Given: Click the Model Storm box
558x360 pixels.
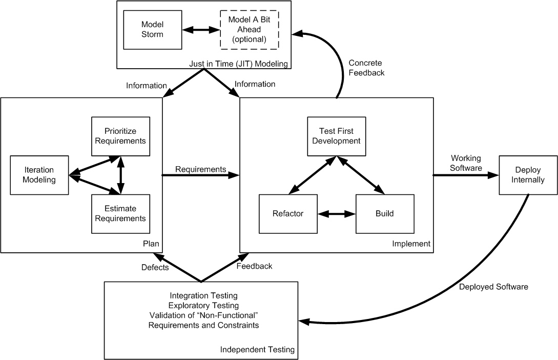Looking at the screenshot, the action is tap(152, 30).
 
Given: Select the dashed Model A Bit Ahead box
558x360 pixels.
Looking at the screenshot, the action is tap(250, 30).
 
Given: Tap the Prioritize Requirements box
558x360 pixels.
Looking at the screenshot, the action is tap(120, 136).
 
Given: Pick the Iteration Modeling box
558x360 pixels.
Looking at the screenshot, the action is tap(39, 175).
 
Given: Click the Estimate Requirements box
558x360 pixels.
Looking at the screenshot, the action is tap(120, 214).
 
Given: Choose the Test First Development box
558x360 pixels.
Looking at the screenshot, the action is tap(337, 136).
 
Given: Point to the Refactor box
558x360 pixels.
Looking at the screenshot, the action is tap(288, 214).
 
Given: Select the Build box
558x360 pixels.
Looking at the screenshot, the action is tap(385, 214).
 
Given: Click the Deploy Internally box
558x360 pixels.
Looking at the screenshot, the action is tap(528, 175).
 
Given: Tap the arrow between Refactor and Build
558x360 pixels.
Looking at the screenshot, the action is tap(337, 214).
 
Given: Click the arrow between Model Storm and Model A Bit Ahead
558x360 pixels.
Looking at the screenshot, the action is tap(201, 30).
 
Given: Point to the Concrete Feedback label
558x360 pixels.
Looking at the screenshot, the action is tap(366, 68).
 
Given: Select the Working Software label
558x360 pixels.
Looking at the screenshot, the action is tap(466, 163).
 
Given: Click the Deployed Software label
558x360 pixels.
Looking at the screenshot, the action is tap(493, 287).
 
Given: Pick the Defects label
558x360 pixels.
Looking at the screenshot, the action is tap(155, 267).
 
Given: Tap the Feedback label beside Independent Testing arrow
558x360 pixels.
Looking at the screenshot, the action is tap(255, 266).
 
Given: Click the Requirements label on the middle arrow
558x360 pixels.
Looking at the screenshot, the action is tap(201, 169).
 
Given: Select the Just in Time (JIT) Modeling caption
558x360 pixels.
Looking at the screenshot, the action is tap(238, 64).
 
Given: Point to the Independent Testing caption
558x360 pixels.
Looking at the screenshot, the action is tap(257, 349).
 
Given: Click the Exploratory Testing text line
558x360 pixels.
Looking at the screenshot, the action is tap(203, 306).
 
